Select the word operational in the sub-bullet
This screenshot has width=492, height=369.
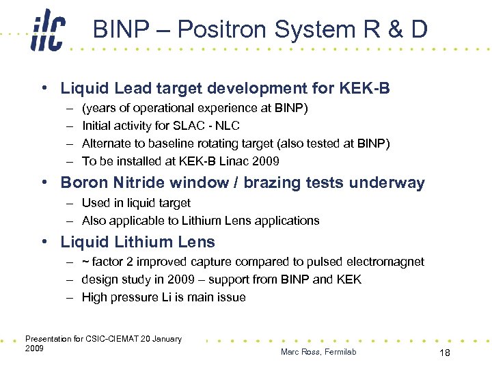(x=163, y=108)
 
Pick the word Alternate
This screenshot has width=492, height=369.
(x=105, y=143)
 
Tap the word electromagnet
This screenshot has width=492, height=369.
(x=388, y=262)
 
